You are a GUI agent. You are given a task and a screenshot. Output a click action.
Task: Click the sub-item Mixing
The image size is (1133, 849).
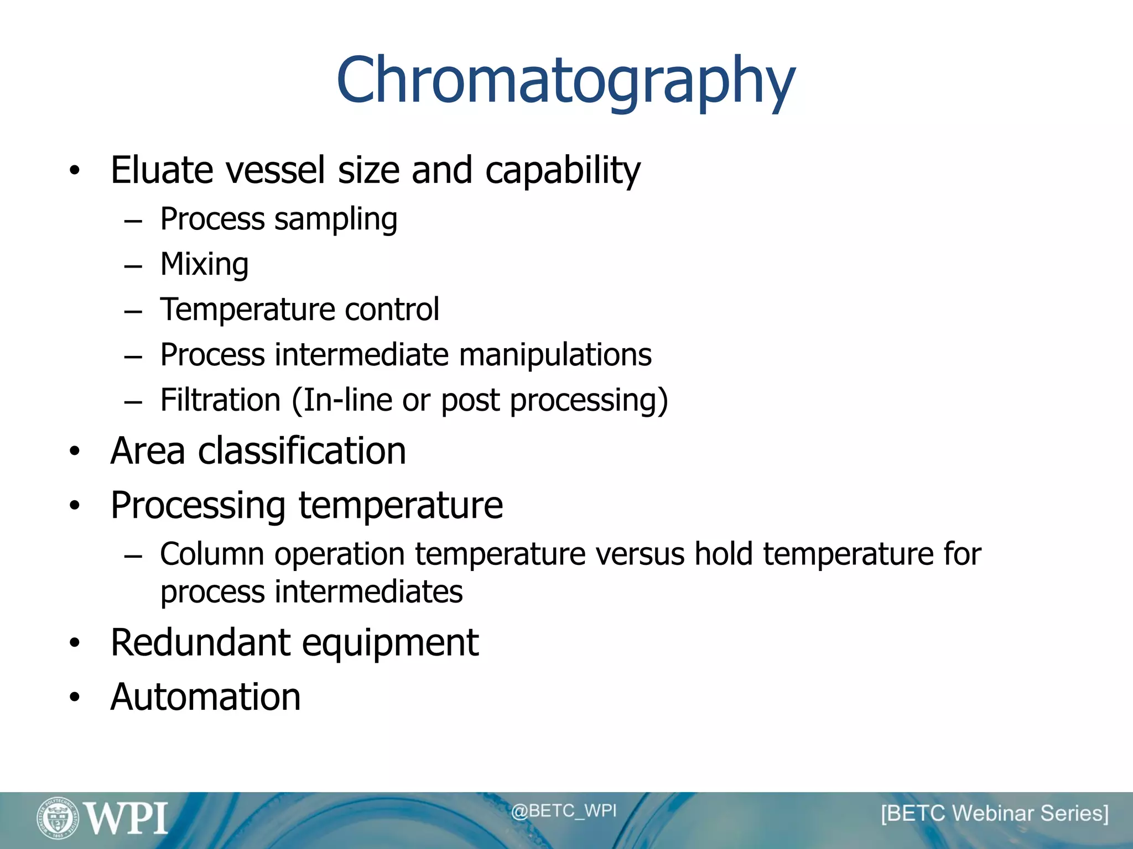coord(204,264)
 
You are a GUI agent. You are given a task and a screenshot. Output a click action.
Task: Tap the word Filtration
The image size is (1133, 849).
coord(220,400)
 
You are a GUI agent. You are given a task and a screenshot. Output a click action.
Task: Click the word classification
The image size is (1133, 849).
coord(302,450)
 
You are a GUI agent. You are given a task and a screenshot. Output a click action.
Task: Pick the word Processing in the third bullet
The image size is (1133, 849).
coord(198,506)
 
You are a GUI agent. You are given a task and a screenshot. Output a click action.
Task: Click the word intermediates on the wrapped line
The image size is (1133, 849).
coord(368,592)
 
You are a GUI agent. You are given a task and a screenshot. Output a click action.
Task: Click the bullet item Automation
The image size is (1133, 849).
coord(205,696)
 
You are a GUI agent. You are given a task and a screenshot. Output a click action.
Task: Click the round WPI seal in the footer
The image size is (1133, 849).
coord(58,817)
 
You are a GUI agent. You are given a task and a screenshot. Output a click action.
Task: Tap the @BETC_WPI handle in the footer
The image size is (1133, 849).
coord(563,811)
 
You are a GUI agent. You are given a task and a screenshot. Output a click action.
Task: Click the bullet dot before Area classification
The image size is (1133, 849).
coord(75,452)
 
